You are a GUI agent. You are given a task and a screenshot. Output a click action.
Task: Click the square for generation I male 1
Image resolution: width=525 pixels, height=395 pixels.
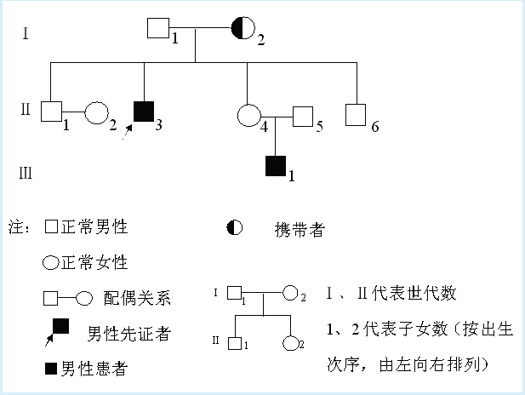point(157,28)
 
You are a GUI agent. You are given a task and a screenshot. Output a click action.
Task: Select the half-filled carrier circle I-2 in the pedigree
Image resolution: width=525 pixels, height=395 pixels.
point(242,29)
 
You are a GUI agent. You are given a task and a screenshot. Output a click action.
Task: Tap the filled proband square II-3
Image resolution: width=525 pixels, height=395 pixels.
point(145,112)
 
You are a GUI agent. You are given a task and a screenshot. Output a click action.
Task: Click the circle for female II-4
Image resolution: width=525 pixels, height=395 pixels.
point(248,114)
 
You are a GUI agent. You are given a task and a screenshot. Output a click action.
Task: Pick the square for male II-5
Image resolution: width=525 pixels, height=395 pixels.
point(303,116)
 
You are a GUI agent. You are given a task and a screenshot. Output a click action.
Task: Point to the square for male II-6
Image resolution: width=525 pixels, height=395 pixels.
point(356,114)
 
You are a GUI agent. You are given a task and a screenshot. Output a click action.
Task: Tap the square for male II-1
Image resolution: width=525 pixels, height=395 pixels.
point(52,112)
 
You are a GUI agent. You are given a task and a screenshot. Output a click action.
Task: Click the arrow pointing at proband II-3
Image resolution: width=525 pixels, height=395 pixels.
point(128,129)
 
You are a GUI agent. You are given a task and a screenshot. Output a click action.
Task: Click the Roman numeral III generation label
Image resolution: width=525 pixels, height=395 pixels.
point(26,174)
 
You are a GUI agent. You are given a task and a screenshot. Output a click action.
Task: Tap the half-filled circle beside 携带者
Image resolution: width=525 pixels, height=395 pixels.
point(234,227)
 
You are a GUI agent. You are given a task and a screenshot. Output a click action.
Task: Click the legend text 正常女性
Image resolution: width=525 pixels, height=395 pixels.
point(93,262)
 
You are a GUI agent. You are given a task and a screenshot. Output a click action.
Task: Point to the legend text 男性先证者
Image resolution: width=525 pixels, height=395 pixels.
point(128,333)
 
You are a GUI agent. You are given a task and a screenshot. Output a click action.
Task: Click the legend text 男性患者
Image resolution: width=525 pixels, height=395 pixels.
point(92,369)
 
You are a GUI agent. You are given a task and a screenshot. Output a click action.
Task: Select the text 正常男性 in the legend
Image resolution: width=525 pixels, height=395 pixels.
point(93,226)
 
